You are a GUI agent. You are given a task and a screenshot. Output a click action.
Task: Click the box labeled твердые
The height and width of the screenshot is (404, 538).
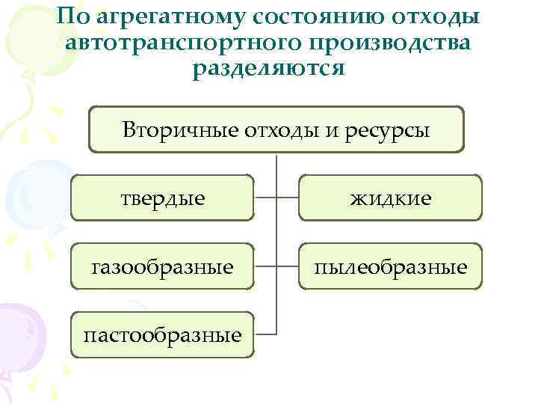(x=163, y=198)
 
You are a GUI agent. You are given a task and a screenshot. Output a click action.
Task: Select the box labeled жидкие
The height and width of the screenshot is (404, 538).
(x=391, y=198)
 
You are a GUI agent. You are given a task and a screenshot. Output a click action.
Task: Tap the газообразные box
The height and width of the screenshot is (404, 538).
(x=163, y=266)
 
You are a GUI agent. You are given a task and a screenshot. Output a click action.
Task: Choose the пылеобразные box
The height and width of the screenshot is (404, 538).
(x=391, y=266)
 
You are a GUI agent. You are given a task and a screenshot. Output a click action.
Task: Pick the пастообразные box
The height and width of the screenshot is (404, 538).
(x=163, y=334)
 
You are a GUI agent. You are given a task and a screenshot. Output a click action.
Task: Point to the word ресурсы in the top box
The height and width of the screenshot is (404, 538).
(x=392, y=131)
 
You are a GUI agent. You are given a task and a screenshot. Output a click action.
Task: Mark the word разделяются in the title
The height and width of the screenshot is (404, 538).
(x=268, y=68)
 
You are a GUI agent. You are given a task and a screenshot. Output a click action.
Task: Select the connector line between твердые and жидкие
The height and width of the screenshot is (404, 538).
(x=277, y=198)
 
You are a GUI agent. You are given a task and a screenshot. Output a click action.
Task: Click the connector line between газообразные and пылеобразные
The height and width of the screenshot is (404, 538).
(x=277, y=266)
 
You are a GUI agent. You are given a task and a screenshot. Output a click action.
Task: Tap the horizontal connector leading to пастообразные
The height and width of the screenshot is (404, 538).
(x=265, y=334)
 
